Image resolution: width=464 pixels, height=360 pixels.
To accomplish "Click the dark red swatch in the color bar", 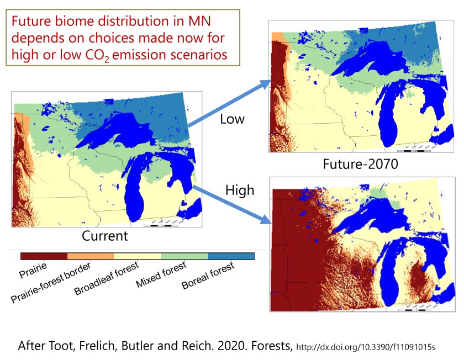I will pos(44,256).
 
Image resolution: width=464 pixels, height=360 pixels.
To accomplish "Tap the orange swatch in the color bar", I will pos(91,256).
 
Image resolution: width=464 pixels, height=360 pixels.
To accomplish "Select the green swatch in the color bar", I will pos(184,256).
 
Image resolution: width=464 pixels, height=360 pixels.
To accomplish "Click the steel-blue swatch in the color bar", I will pos(231,256).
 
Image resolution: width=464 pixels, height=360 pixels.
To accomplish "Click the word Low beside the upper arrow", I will pos(232,119).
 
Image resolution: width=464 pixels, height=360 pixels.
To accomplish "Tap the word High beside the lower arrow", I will pos(240,190).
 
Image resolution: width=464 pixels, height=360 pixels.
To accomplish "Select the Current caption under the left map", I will pos(105,236).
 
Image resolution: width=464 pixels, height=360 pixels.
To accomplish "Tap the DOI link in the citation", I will pos(366,347).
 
